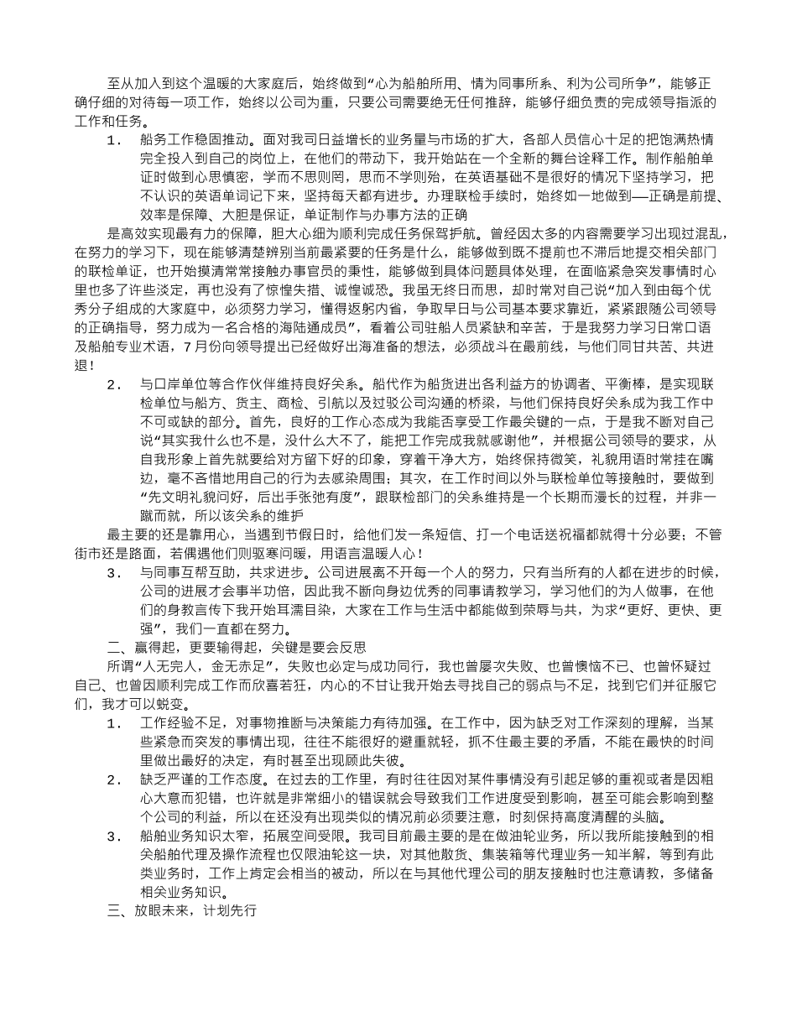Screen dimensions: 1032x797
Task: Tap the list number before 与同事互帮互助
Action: [x=115, y=574]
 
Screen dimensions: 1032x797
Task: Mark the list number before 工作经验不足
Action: [x=115, y=722]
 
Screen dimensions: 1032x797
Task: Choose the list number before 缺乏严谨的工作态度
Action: [x=115, y=779]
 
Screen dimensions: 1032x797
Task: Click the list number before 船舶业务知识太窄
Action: [x=115, y=837]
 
